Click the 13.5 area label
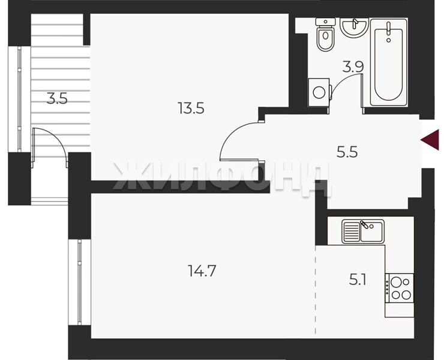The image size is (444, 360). tap(191, 108)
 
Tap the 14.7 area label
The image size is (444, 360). tap(202, 271)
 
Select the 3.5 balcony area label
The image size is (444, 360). tap(57, 99)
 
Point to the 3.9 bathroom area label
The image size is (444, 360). tap(353, 67)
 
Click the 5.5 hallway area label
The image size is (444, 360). tap(347, 152)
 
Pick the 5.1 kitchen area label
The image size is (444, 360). tap(358, 280)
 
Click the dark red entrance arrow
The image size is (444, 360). tap(430, 140)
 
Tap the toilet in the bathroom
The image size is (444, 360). tap(325, 35)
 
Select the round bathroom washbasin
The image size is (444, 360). tap(354, 27)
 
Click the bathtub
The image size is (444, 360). tap(389, 62)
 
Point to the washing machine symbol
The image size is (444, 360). tap(319, 92)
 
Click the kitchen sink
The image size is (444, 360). tap(363, 232)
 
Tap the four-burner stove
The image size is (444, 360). tap(399, 288)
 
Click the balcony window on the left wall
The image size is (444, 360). tap(19, 99)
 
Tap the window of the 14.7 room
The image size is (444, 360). tap(80, 282)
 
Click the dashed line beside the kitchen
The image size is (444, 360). tap(316, 290)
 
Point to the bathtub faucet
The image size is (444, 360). tap(389, 31)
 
